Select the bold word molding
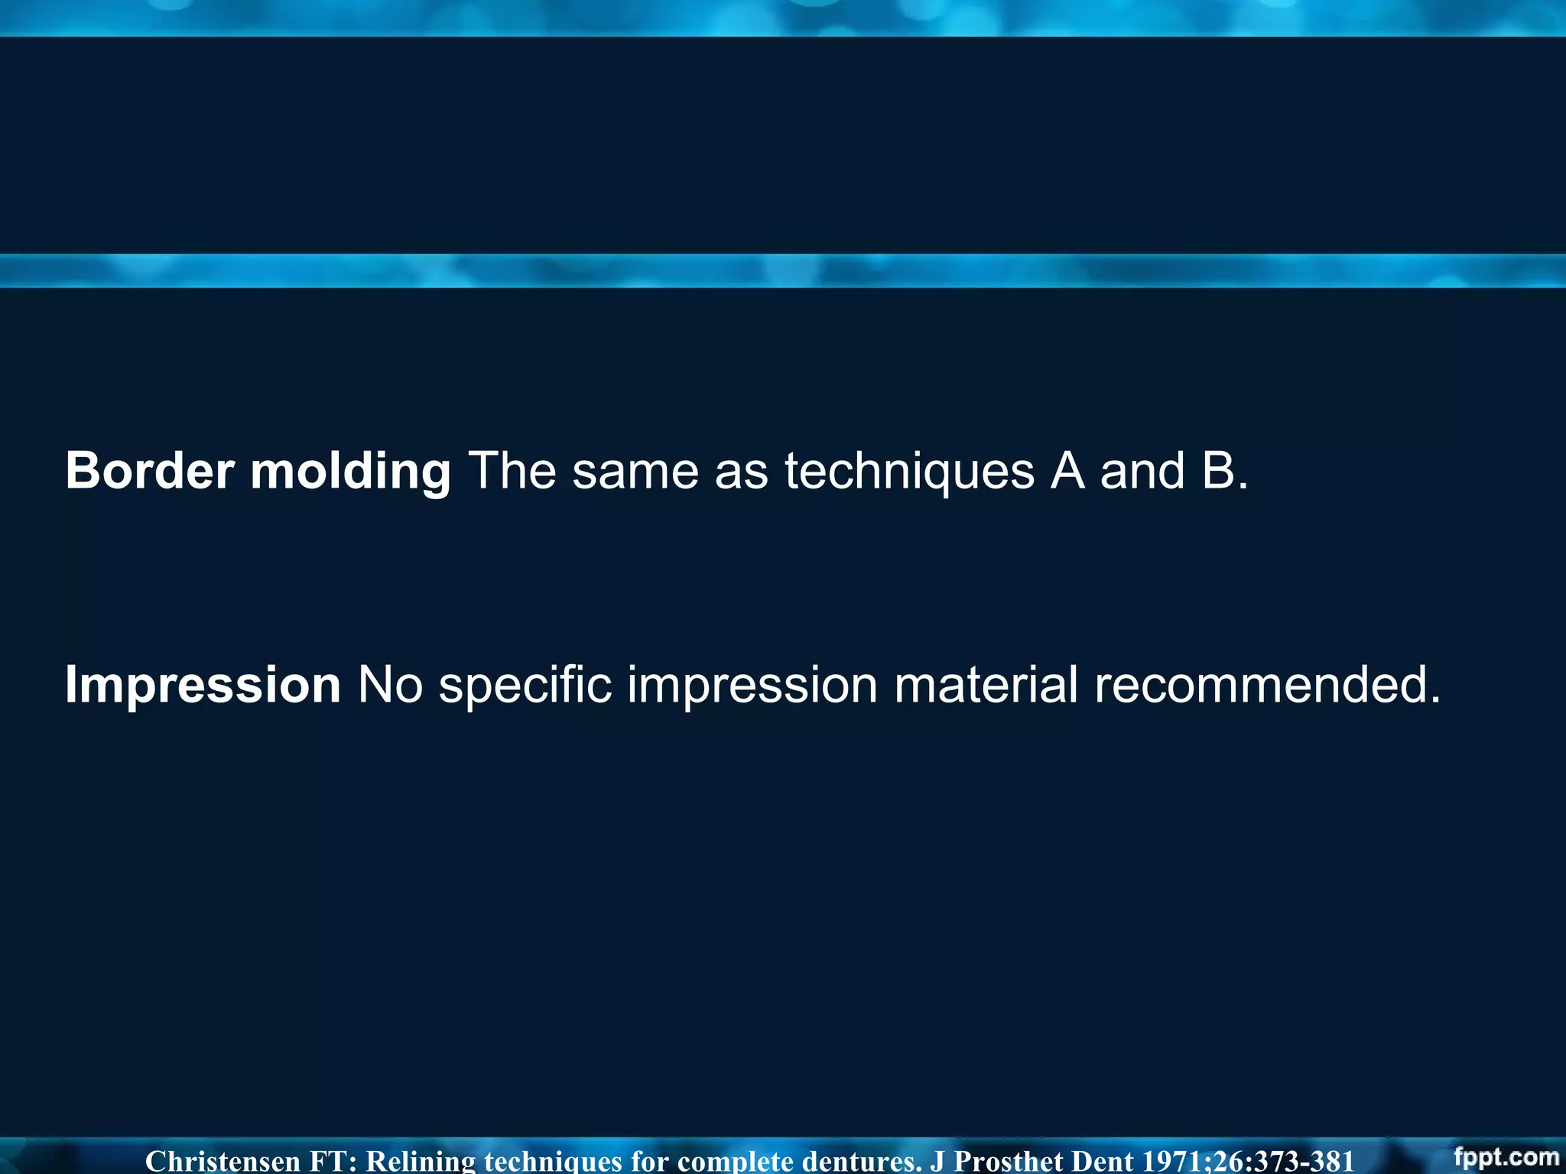351,472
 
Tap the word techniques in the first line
909,472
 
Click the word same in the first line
635,472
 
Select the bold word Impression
203,685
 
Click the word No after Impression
390,685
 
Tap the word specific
525,685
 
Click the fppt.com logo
1506,1156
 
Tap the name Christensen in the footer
223,1161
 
